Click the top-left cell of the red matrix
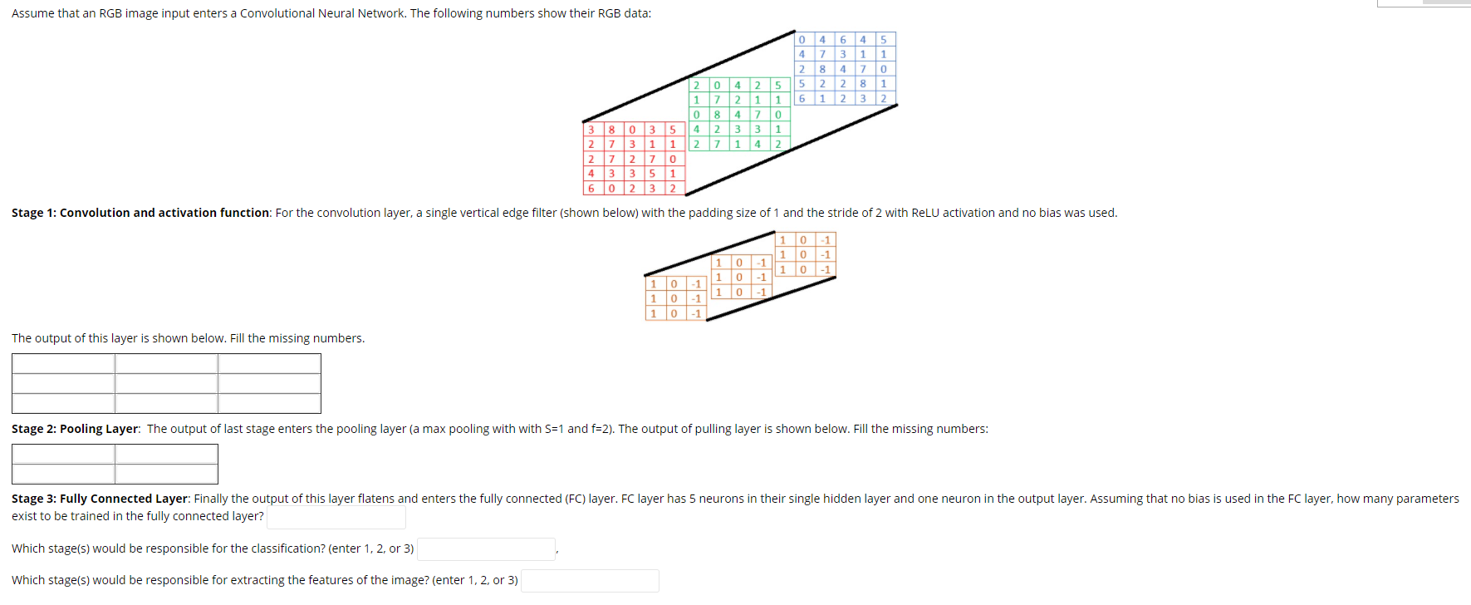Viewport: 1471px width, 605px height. [591, 130]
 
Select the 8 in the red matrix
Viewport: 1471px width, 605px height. [611, 130]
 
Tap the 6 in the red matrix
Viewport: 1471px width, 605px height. [591, 189]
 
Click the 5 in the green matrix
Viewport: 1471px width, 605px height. [778, 86]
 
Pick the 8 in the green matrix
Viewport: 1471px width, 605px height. [717, 115]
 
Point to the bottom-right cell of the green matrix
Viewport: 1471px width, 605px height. [778, 145]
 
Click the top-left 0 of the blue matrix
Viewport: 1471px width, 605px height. [802, 40]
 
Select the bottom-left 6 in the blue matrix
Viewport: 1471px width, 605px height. [802, 99]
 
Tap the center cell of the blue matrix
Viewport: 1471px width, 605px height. [843, 69]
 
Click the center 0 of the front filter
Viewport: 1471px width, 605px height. [674, 298]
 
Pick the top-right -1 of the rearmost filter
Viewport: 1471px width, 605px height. [826, 240]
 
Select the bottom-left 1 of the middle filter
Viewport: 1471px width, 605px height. [718, 293]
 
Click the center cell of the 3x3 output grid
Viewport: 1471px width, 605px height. [166, 383]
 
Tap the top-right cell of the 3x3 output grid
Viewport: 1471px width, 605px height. [269, 363]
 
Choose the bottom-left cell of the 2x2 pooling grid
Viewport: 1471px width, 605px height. [63, 474]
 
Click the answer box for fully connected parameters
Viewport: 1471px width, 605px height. [336, 517]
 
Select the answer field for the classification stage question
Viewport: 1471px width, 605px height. [486, 549]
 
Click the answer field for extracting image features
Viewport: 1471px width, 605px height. [590, 581]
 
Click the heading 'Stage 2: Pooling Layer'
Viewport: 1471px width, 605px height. [75, 429]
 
